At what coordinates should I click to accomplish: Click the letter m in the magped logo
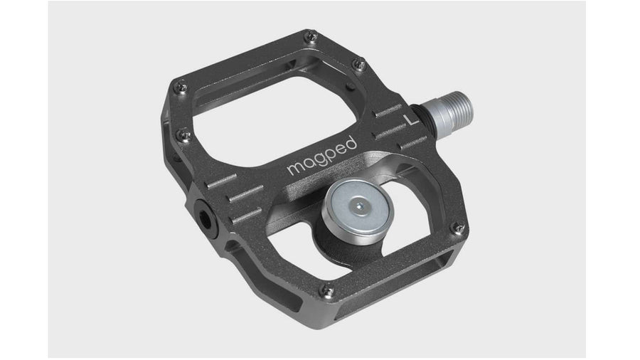[x=294, y=169]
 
